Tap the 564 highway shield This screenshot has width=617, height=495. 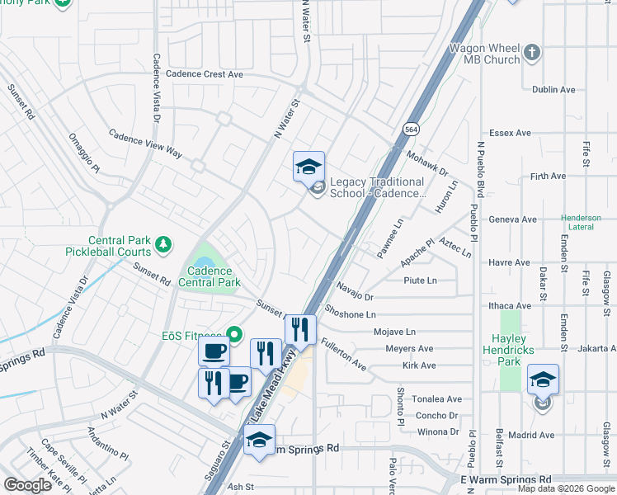coord(410,129)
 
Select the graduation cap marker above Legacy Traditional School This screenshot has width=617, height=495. coord(309,166)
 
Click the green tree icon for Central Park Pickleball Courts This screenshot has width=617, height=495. coord(163,243)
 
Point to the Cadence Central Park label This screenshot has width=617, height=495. coord(214,276)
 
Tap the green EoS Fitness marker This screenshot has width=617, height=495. coord(234,335)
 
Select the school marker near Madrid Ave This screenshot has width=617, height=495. coord(544,379)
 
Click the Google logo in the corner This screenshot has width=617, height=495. coord(27,484)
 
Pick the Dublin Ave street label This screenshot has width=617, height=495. coord(553,89)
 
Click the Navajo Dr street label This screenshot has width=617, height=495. coord(355,291)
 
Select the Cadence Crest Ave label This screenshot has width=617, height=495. coord(204,73)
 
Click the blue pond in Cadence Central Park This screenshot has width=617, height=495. coord(205,260)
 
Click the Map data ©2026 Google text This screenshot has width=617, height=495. coord(565,488)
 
